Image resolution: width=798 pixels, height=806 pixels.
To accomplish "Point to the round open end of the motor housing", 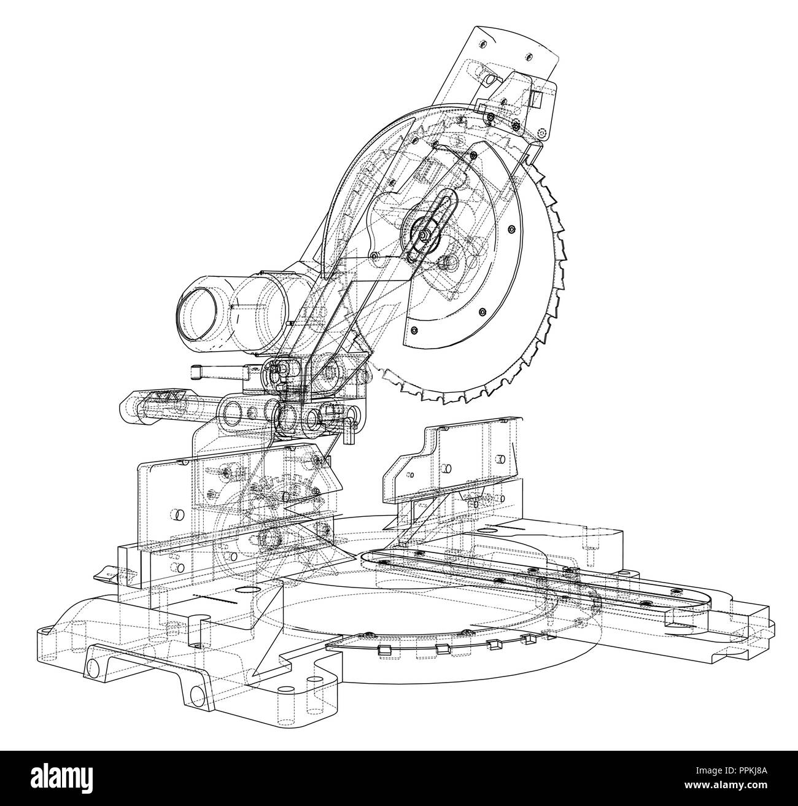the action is pos(197,313).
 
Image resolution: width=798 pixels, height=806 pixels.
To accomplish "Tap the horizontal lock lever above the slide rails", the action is pos(217,371).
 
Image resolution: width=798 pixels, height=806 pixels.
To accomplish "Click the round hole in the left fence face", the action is pos(179,514).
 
